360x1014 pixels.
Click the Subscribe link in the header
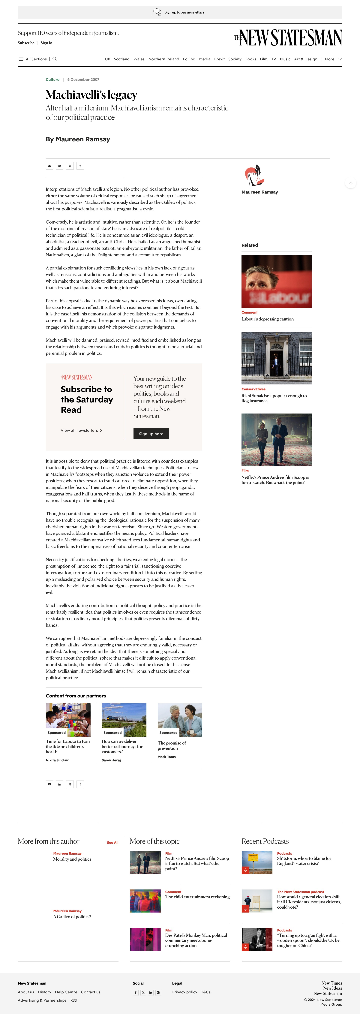(26, 43)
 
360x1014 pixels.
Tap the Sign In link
(46, 43)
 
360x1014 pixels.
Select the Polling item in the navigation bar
(189, 59)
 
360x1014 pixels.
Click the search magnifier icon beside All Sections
(55, 59)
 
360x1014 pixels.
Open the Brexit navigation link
(219, 59)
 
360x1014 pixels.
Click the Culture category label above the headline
(52, 80)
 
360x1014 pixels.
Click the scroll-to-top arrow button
(350, 183)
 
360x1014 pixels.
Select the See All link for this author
(112, 842)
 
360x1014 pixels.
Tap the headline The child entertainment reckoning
(197, 897)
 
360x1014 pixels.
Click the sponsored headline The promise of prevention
(172, 745)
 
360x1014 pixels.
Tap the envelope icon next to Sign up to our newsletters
(157, 12)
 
